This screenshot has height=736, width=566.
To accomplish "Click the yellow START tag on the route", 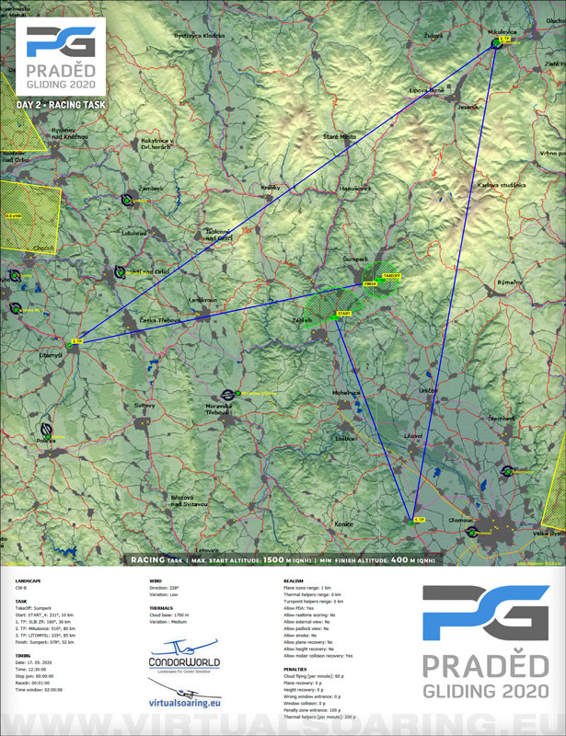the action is pos(345,314).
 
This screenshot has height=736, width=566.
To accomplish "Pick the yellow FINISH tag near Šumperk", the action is pos(371,284).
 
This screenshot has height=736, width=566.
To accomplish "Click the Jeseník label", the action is pos(469,108).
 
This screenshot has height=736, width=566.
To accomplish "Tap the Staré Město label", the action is pos(339,136).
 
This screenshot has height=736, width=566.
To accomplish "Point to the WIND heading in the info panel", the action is pos(156,581).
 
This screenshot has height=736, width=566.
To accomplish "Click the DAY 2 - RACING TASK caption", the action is pos(62,105).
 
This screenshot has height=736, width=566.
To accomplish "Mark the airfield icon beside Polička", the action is pos(46,430).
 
